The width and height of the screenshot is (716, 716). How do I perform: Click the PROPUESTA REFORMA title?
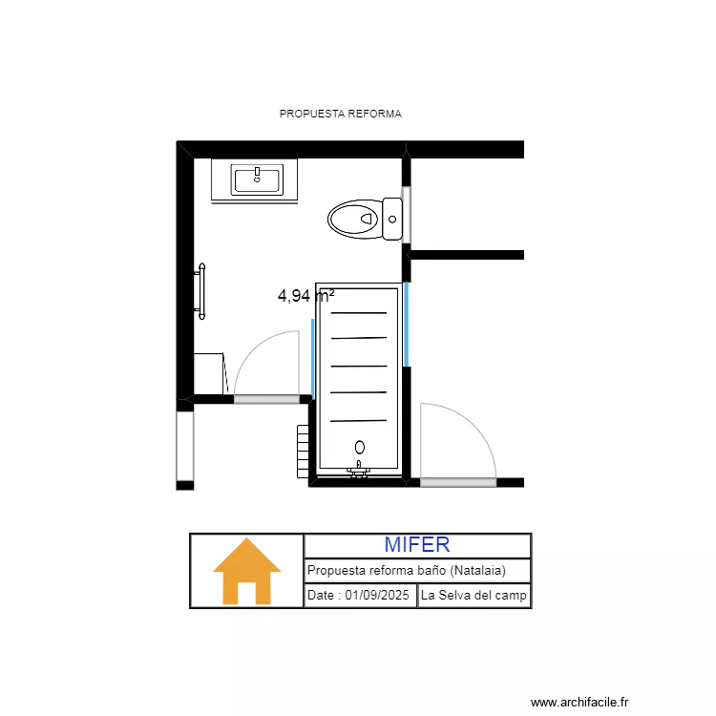click(340, 114)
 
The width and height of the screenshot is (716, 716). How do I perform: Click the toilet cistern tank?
click(392, 219)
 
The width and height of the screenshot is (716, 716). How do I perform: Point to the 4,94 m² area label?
click(305, 296)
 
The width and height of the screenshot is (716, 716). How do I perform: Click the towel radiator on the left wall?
click(200, 290)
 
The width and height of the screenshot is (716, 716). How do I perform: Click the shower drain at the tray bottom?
click(360, 447)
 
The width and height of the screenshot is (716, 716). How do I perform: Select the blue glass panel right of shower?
click(406, 324)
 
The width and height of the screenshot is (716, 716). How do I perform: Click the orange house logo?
click(246, 571)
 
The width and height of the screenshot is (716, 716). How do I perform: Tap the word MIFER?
click(417, 545)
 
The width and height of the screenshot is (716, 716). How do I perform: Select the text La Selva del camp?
click(474, 596)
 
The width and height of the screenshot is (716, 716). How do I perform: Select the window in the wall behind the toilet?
click(406, 216)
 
